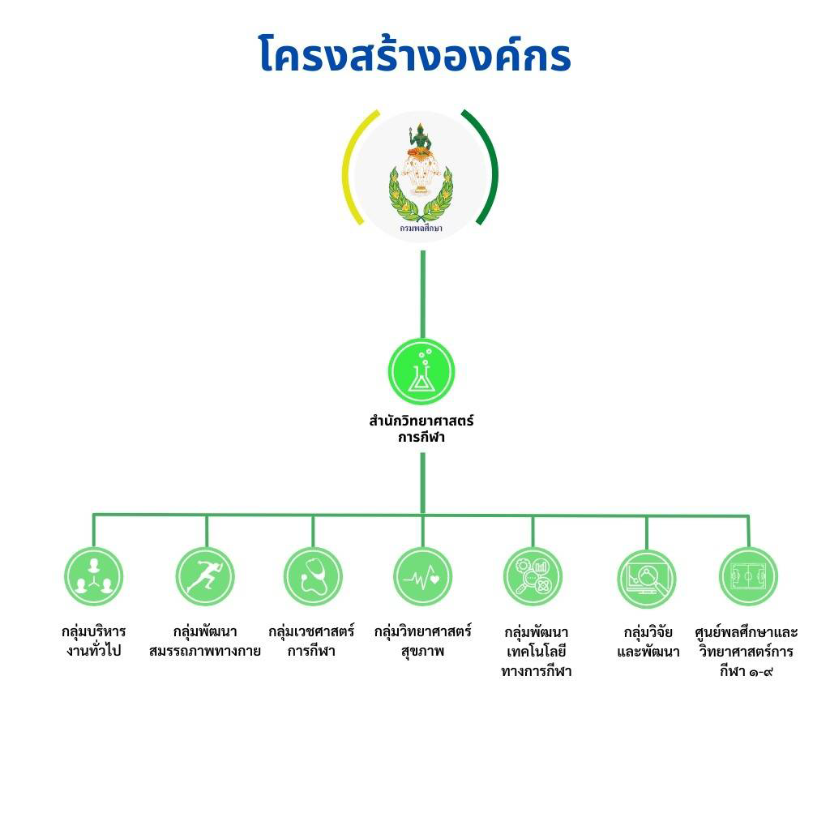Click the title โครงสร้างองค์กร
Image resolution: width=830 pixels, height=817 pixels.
click(x=415, y=54)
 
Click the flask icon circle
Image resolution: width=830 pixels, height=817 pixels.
click(x=421, y=371)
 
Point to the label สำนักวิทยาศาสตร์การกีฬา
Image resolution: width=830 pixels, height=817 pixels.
click(x=421, y=429)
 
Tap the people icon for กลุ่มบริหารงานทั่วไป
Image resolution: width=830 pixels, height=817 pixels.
click(x=94, y=577)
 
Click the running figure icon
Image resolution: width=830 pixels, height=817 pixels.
click(x=205, y=577)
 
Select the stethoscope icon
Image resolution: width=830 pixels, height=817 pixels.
click(x=313, y=577)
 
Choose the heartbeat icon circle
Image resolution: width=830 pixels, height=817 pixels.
click(x=422, y=577)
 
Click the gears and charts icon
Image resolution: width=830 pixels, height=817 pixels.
click(x=533, y=577)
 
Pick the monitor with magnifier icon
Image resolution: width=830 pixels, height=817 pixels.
click(x=646, y=579)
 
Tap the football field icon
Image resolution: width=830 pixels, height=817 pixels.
click(x=748, y=577)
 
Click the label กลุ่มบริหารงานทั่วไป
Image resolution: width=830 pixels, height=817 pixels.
click(x=94, y=641)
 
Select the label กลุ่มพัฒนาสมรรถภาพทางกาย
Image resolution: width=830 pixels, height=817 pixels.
click(x=205, y=641)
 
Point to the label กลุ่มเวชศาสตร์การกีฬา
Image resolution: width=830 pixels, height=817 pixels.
click(x=311, y=641)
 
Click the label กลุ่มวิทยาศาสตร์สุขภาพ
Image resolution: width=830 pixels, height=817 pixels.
click(x=422, y=641)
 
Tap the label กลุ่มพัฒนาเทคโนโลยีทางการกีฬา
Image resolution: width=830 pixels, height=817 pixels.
click(x=537, y=652)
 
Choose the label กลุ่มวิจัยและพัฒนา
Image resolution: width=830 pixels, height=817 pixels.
click(x=648, y=642)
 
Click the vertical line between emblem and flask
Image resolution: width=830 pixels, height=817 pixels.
click(x=422, y=294)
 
